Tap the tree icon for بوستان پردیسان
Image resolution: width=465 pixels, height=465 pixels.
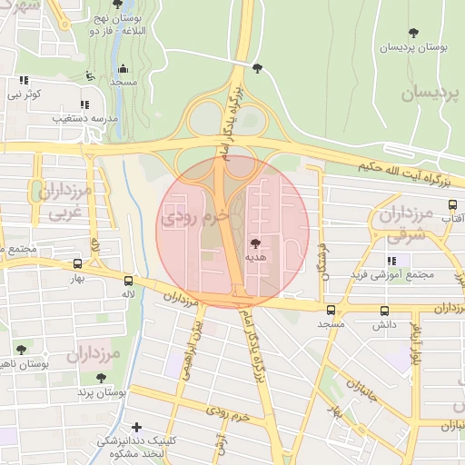coord(414,33)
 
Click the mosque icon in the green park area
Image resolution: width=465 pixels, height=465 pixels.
coord(124,68)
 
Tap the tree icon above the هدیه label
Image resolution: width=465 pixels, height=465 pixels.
coord(254,242)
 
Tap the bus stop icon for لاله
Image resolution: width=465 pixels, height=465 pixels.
coord(128,282)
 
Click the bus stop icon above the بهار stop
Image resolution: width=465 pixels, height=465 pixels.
coord(78,264)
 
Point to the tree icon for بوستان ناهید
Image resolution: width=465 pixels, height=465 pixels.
coord(22,349)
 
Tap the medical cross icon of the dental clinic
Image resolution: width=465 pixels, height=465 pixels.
coord(136,427)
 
